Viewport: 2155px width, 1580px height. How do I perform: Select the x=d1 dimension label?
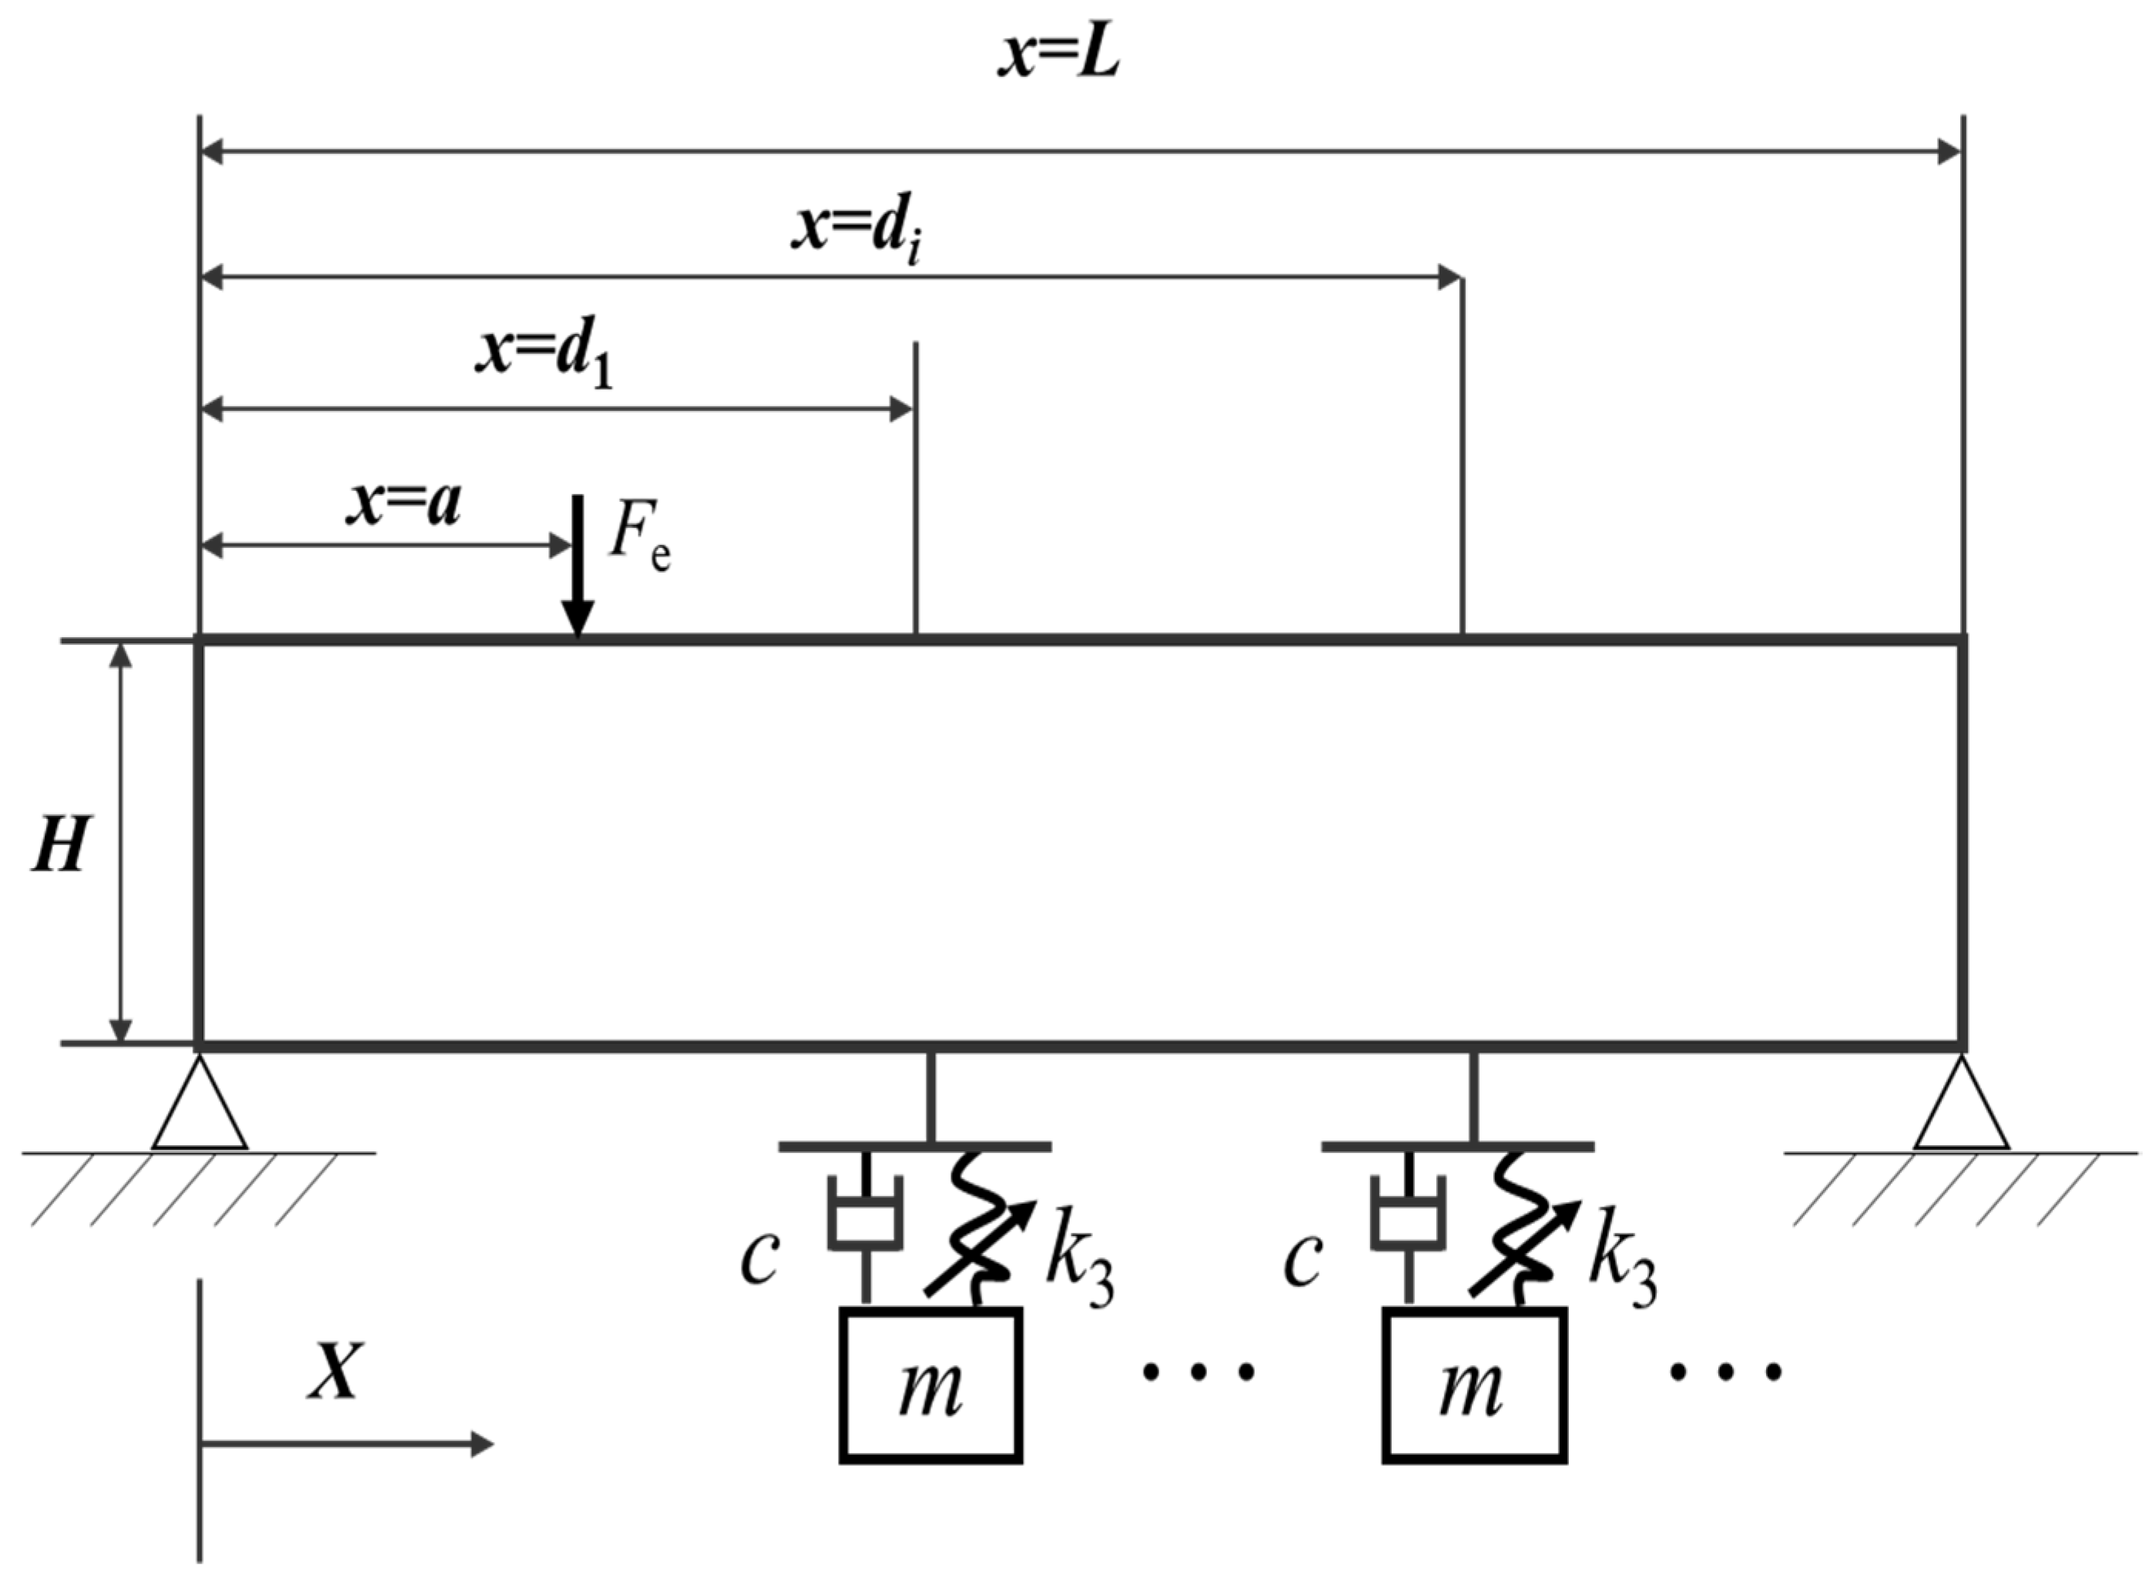[544, 358]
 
